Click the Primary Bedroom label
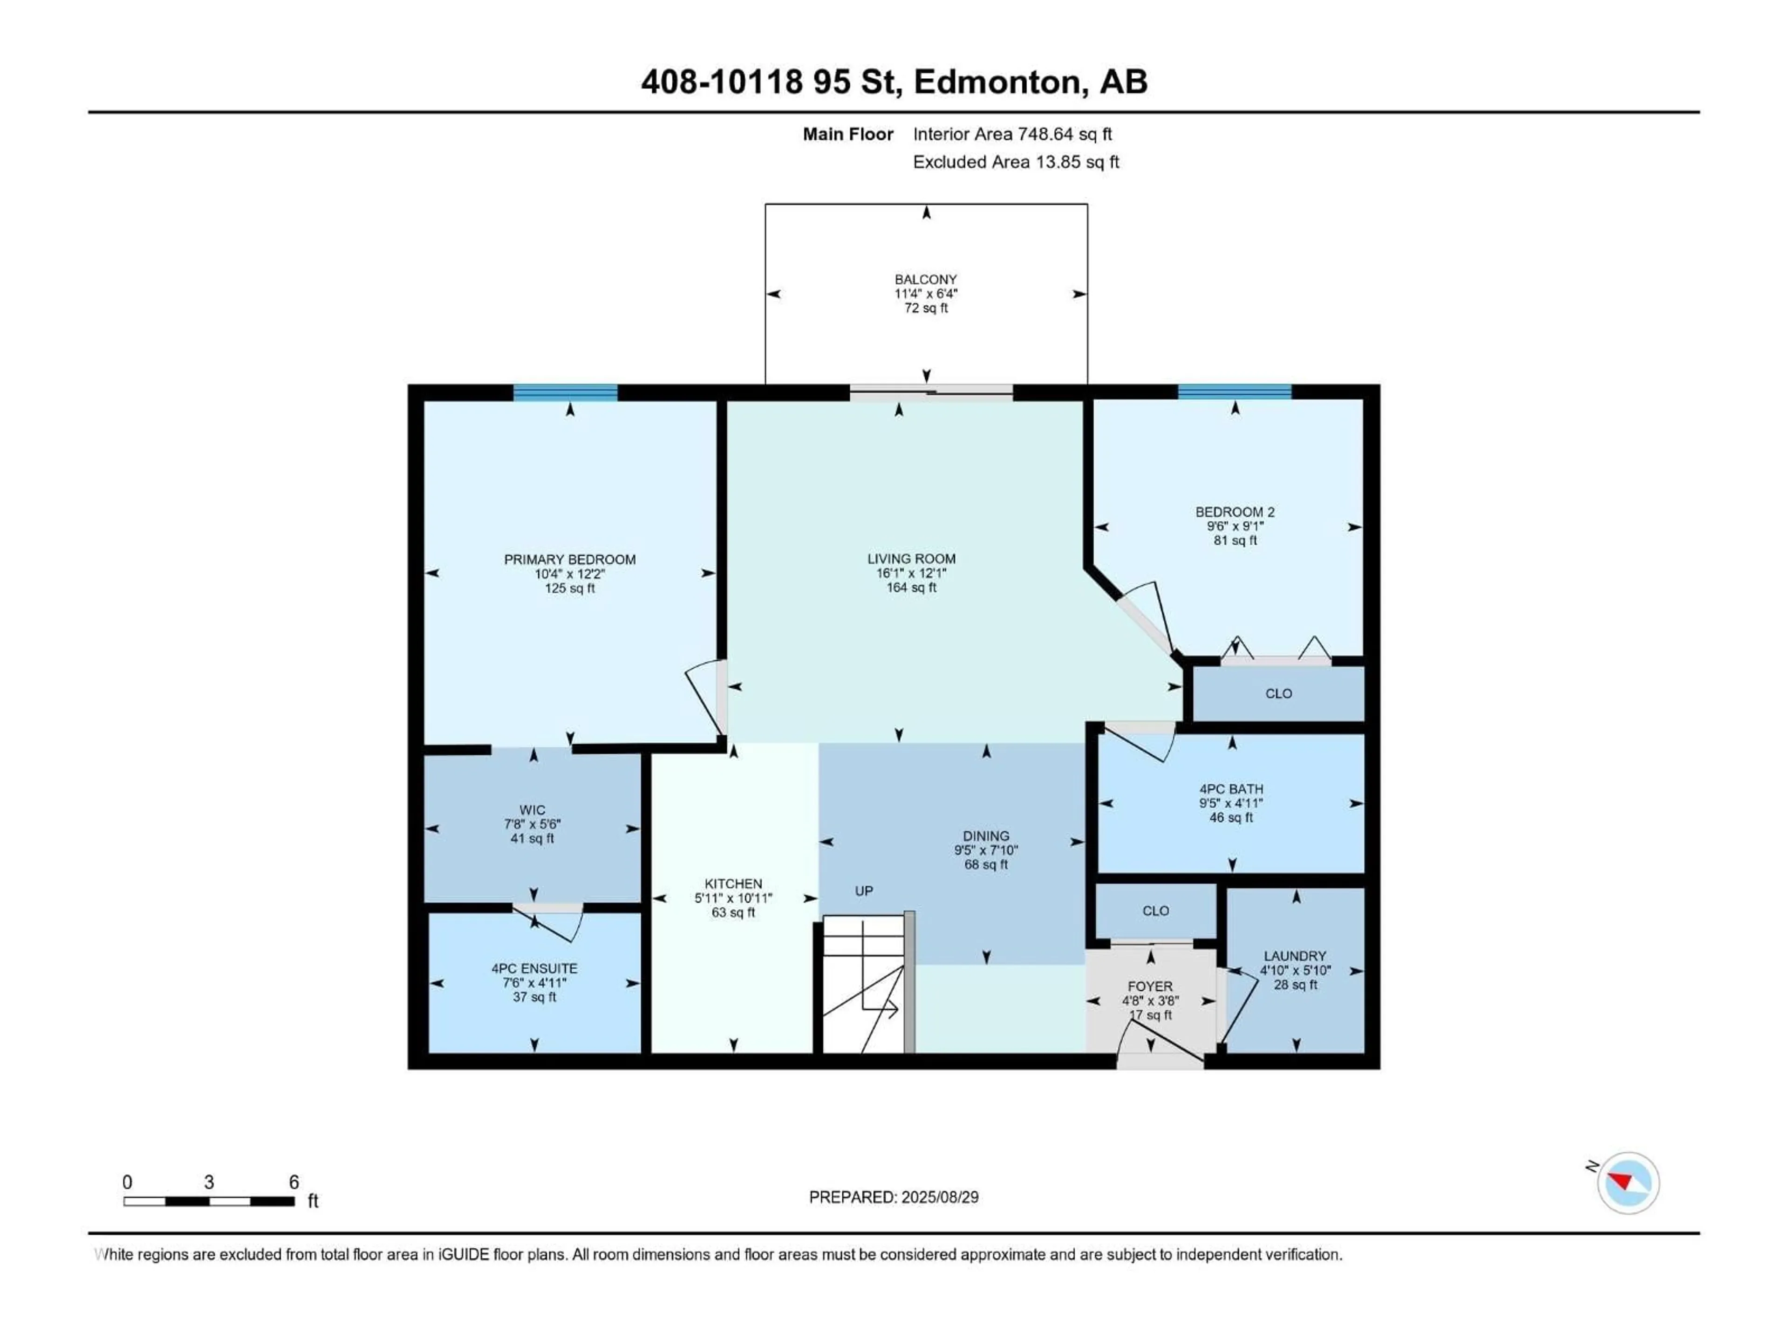pos(569,559)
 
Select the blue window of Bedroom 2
pos(1234,392)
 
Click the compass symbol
pos(1628,1183)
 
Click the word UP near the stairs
pos(864,890)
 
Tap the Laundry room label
pos(1294,955)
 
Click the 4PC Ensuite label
pos(534,968)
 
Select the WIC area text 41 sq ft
pos(532,838)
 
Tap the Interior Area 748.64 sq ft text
pos(1012,134)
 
